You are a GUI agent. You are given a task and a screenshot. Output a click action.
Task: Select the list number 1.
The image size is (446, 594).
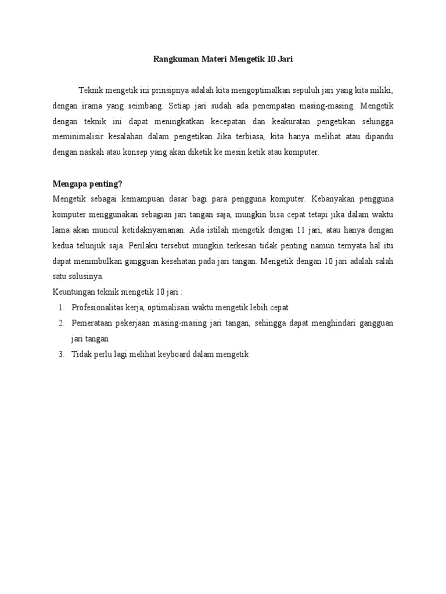pyautogui.click(x=60, y=307)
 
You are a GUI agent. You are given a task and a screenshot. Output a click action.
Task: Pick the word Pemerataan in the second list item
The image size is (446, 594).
pyautogui.click(x=93, y=323)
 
